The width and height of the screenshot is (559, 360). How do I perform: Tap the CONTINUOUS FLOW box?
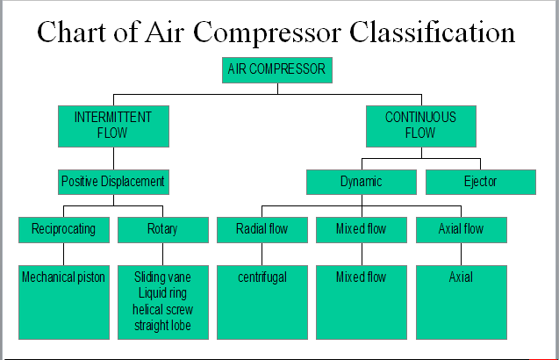pyautogui.click(x=419, y=126)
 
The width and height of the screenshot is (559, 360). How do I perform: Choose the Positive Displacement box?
pyautogui.click(x=112, y=182)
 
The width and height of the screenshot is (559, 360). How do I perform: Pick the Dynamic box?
pyautogui.click(x=361, y=182)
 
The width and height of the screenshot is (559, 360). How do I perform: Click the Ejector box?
pyautogui.click(x=479, y=182)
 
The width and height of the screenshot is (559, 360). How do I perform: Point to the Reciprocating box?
pyautogui.click(x=62, y=229)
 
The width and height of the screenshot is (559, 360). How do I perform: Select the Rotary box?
pyautogui.click(x=162, y=229)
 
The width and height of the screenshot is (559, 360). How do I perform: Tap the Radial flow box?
pyautogui.click(x=262, y=229)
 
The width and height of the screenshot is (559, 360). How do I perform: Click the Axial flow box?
pyautogui.click(x=460, y=229)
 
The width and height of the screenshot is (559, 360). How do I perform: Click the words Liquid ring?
pyautogui.click(x=162, y=293)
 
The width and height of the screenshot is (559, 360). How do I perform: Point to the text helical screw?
pyautogui.click(x=162, y=309)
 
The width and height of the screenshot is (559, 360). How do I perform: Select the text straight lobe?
pyautogui.click(x=162, y=325)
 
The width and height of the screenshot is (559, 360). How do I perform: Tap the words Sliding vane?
pyautogui.click(x=162, y=277)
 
